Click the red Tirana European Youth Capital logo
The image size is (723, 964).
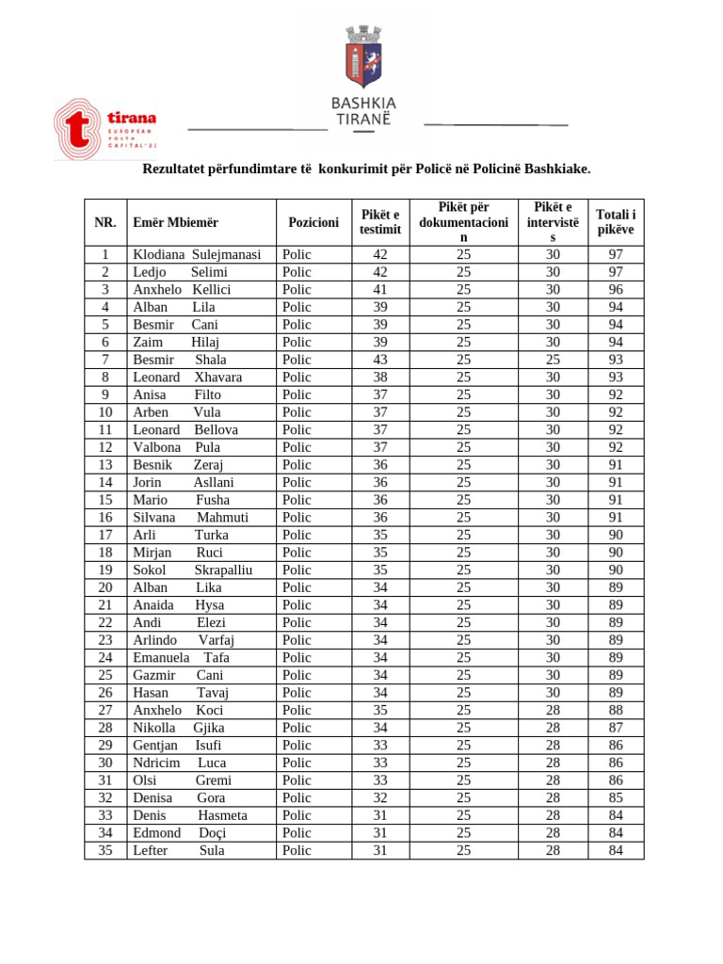pos(104,130)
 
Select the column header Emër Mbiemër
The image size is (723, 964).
pos(175,222)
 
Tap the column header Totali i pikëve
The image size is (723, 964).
pos(616,222)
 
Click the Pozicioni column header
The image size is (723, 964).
pos(313,222)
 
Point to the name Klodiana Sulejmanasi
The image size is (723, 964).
pos(196,254)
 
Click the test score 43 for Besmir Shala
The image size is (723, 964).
pos(380,360)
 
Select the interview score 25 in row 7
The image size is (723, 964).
pos(553,360)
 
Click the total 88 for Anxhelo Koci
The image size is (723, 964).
pos(616,711)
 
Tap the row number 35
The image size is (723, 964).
pos(105,851)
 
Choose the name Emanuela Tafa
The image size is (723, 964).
pos(181,658)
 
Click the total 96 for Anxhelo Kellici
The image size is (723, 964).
pos(616,290)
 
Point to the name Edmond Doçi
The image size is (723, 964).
pos(179,833)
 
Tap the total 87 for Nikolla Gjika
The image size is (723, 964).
pos(616,728)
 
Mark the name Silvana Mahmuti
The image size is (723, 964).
pos(190,518)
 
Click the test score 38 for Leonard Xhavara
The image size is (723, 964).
pos(380,378)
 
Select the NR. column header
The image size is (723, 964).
pos(105,222)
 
